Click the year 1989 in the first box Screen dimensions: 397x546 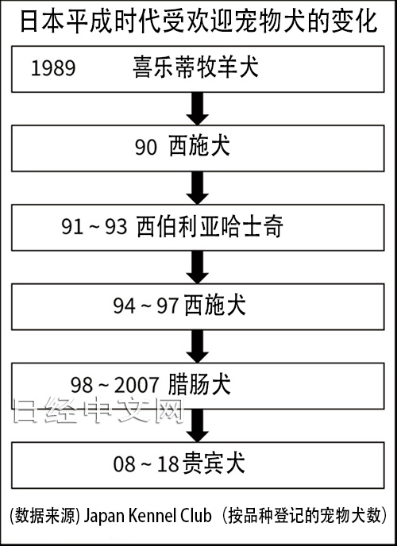53,67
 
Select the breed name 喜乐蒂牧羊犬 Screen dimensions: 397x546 195,67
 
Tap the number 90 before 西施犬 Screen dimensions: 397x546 146,148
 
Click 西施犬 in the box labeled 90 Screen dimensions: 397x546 199,146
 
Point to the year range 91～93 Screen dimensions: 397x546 94,226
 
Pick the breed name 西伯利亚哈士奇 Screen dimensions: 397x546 210,226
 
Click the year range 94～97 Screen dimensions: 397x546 146,306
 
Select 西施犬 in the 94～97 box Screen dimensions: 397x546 215,305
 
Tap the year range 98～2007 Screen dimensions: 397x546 115,385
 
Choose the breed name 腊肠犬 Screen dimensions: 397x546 199,384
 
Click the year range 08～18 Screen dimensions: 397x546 146,464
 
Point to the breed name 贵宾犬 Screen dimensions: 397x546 213,463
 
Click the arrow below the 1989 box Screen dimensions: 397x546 198,108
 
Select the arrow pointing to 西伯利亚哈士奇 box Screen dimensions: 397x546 198,187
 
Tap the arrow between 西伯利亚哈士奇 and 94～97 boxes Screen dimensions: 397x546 198,267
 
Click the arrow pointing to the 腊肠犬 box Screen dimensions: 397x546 198,347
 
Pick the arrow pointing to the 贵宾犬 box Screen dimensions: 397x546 198,425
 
